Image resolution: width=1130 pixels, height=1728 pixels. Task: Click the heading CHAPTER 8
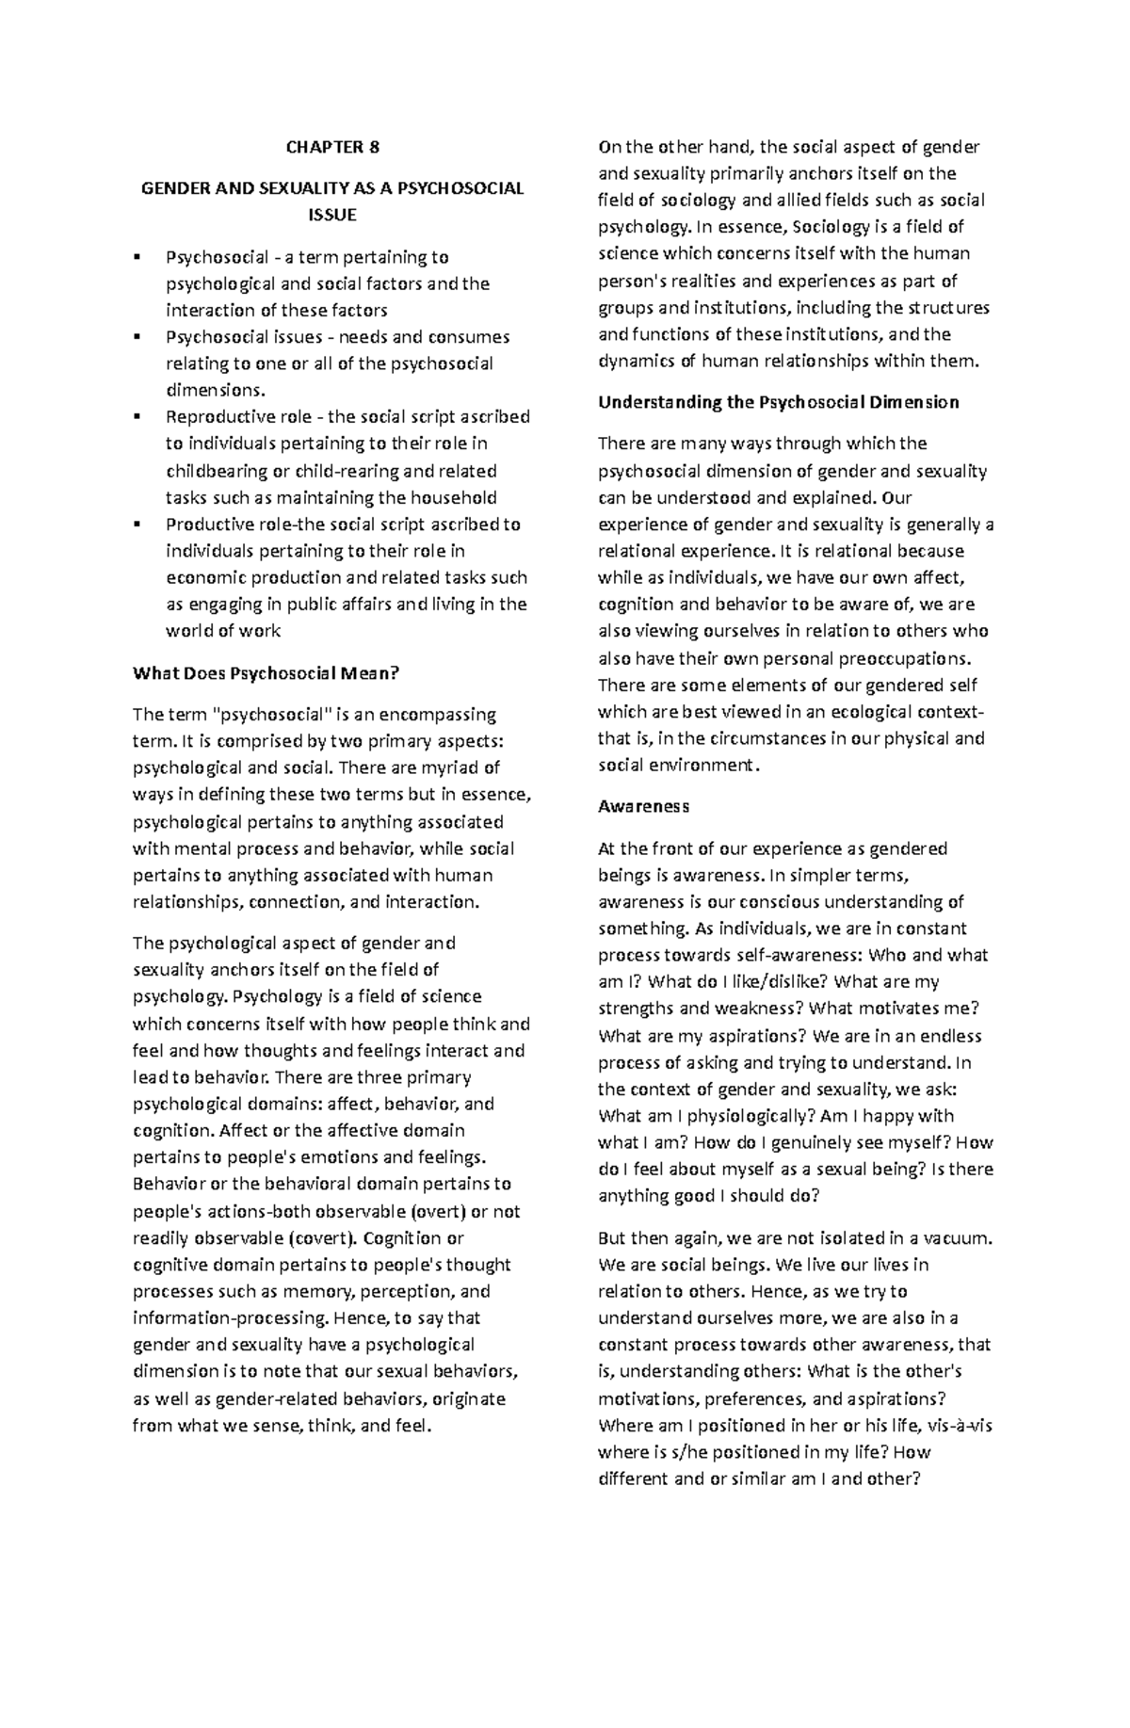click(x=332, y=147)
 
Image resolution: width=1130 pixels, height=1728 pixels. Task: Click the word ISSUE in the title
click(x=332, y=215)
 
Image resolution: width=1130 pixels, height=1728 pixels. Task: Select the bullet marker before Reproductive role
click(x=138, y=417)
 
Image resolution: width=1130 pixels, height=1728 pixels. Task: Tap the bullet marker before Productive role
click(x=138, y=525)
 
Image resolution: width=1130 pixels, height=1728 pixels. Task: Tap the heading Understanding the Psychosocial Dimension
click(x=779, y=402)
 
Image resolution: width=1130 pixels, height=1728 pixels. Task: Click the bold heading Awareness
click(x=644, y=806)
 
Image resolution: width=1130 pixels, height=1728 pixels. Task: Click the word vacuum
click(x=958, y=1238)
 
